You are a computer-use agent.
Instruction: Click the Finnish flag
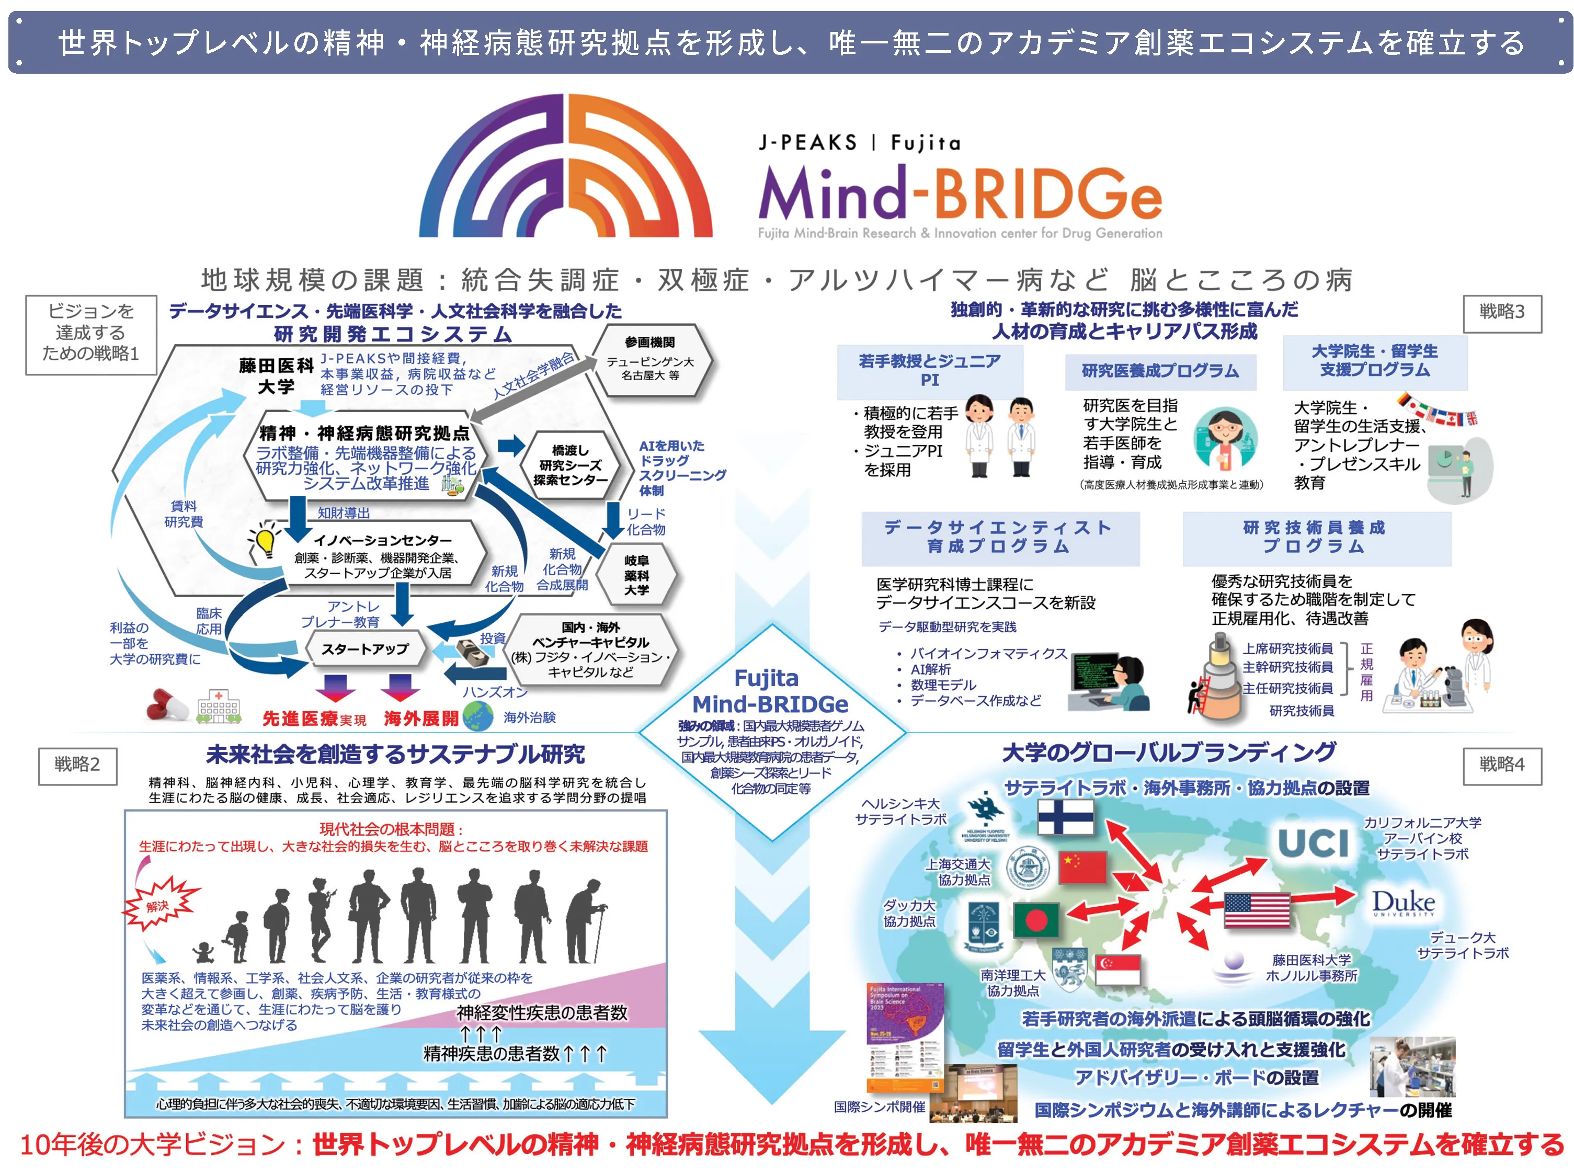point(1065,817)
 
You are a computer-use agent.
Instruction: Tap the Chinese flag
point(1082,867)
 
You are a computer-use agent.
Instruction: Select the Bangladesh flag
point(1035,919)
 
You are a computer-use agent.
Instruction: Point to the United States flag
point(1257,910)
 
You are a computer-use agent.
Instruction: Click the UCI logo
point(1313,844)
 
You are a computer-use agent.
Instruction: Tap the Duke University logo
point(1403,903)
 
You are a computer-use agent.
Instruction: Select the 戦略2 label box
point(77,766)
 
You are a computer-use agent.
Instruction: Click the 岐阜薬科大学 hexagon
point(637,575)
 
